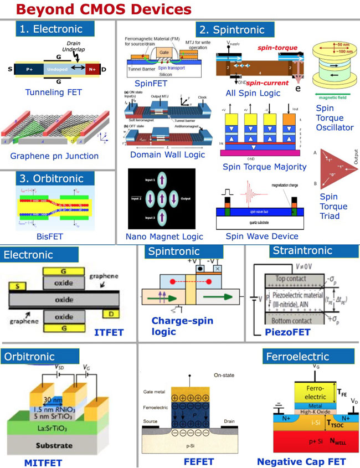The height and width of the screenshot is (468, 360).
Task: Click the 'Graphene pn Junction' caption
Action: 54,156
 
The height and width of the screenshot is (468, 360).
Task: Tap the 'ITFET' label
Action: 110,332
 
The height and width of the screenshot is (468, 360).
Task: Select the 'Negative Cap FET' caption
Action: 301,461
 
